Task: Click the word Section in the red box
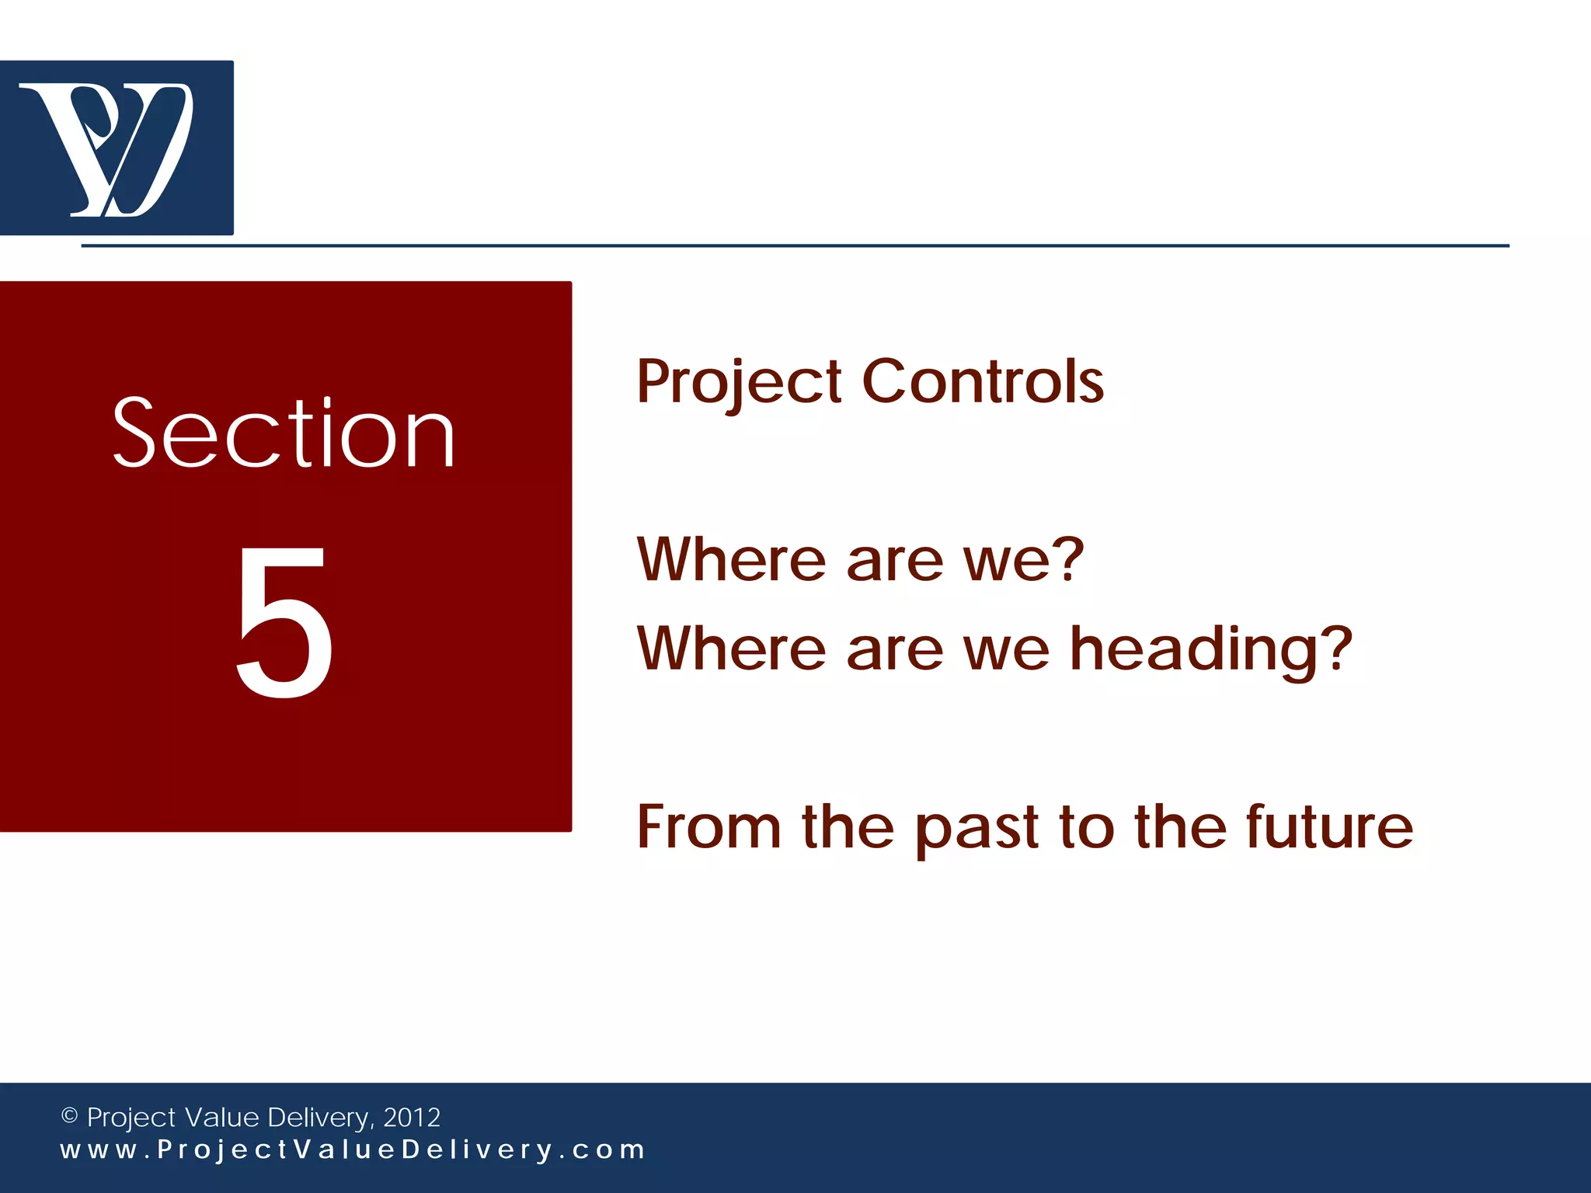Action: pos(284,433)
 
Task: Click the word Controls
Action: pos(983,382)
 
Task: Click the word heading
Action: pos(1196,649)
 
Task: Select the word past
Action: pos(977,830)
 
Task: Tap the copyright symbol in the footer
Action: pos(69,1116)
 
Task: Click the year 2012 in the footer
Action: pos(412,1117)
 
